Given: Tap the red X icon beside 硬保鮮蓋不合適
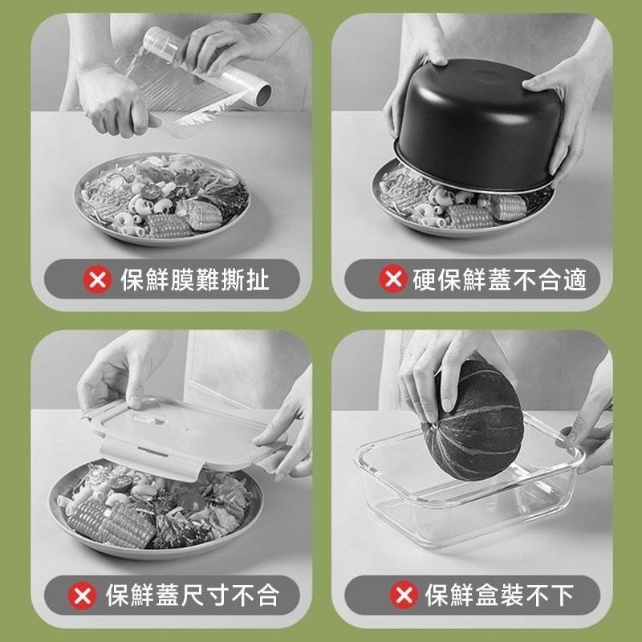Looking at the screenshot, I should (392, 279).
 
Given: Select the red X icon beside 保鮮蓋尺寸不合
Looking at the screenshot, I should (81, 595).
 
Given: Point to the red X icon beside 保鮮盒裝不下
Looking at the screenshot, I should (404, 595).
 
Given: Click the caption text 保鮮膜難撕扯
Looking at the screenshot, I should (195, 280).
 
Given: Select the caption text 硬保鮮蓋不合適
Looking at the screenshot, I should (500, 279).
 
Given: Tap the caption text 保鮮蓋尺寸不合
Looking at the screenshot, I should (192, 595).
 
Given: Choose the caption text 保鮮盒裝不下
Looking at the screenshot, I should (500, 595).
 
